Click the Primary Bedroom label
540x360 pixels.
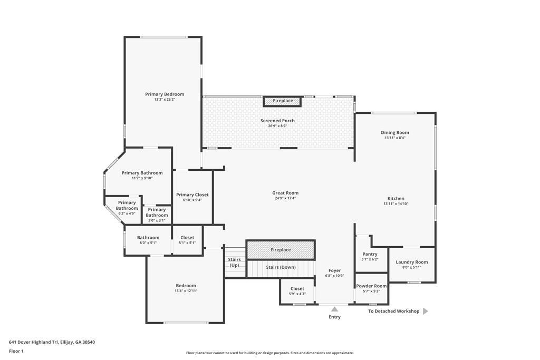point(165,94)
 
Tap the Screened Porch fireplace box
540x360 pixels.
point(283,101)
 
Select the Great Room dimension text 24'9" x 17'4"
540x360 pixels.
point(285,198)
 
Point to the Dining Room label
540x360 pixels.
point(395,133)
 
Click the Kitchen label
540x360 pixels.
point(396,199)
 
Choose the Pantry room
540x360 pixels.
point(370,256)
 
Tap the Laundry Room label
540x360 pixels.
point(412,262)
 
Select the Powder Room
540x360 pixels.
point(371,288)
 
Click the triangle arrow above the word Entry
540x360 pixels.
point(334,309)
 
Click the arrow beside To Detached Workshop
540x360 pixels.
point(426,311)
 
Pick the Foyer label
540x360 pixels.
point(334,270)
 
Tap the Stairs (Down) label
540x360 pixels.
point(281,267)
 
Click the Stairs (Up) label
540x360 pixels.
point(234,262)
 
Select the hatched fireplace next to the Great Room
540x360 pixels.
point(281,250)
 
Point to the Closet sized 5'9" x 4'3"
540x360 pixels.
point(297,291)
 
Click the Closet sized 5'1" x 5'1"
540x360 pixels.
point(187,240)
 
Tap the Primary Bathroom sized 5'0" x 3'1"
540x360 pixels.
point(157,212)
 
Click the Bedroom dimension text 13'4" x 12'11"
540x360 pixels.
point(186,291)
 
